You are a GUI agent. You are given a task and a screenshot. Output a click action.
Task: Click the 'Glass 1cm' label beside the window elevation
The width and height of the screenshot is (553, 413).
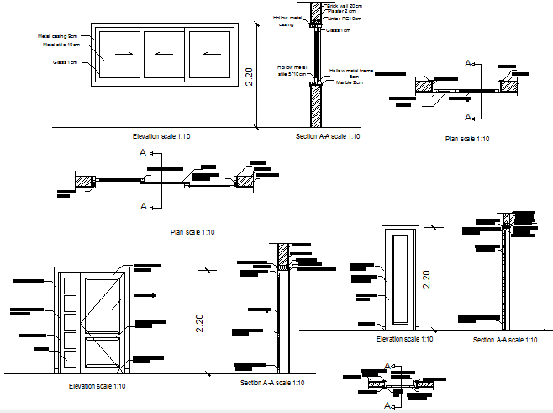point(65,61)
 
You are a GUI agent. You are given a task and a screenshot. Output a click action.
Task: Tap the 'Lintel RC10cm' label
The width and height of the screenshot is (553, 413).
point(345,18)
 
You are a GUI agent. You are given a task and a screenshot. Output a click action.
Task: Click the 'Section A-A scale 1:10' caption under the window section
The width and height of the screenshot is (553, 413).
point(328,136)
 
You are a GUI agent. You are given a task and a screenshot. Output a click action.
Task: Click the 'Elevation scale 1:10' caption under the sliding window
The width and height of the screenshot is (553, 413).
point(162,136)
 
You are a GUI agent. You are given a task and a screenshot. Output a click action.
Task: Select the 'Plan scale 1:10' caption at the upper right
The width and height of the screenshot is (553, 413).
point(467,139)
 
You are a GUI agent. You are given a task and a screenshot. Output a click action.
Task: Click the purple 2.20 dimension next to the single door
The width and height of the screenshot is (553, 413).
point(426,279)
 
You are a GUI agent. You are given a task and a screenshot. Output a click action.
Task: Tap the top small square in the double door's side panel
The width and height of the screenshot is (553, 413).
point(69,283)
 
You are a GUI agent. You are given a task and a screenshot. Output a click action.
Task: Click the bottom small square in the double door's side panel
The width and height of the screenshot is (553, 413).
point(69,358)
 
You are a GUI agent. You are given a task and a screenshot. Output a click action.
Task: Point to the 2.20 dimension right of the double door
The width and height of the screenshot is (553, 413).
point(199,322)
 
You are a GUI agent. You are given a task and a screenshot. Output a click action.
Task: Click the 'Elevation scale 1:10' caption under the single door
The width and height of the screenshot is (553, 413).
point(404,339)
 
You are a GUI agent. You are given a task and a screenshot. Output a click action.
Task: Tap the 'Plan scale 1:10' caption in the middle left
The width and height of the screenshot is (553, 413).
point(192,232)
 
